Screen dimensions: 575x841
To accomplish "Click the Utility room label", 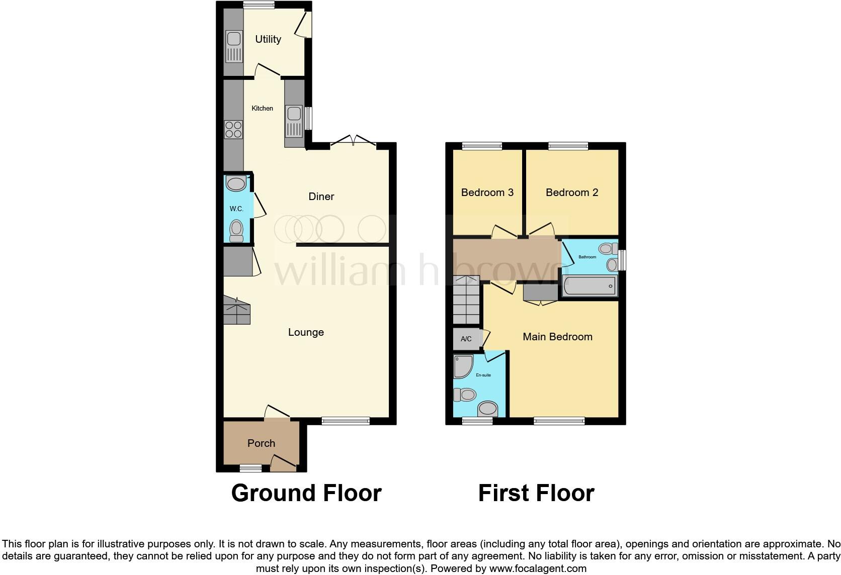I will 268,39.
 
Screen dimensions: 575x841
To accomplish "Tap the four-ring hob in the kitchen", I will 233,130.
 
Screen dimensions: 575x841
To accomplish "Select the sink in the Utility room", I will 234,46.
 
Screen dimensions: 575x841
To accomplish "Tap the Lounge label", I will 306,332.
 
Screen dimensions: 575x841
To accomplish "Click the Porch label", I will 261,443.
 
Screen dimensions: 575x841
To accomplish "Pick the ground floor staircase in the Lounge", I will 236,310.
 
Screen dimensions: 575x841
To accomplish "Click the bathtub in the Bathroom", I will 589,286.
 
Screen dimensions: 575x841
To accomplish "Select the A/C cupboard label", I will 466,339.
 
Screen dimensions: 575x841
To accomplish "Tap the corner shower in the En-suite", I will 462,366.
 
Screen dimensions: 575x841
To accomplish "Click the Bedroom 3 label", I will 487,193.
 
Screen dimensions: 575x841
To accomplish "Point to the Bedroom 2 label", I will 572,193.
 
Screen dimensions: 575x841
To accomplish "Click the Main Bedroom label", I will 557,337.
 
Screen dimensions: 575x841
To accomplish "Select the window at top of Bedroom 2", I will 568,146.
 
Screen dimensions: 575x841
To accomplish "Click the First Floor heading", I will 536,493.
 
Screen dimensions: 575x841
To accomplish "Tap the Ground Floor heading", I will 306,493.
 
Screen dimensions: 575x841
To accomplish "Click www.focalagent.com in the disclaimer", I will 537,568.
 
